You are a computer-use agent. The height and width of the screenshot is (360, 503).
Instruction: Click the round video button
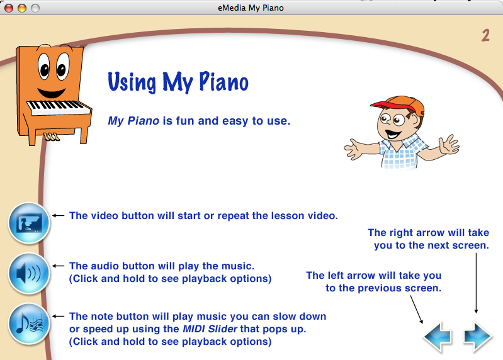tap(29, 223)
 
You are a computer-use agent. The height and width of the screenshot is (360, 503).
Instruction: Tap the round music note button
tap(29, 323)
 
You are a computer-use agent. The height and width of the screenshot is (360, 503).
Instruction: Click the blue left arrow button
tap(438, 337)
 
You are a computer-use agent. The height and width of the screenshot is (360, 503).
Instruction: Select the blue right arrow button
tap(478, 337)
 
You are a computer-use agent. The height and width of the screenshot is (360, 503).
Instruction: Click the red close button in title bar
tap(9, 8)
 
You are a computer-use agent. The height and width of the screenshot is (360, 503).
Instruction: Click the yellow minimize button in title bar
tap(22, 8)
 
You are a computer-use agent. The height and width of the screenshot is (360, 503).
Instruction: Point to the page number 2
tap(485, 35)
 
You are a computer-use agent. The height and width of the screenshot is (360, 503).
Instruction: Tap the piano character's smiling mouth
tap(52, 93)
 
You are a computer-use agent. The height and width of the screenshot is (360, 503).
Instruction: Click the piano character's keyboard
tap(59, 107)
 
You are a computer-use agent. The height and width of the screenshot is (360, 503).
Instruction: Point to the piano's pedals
tap(52, 137)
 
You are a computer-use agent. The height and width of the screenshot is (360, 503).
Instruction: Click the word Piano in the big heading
tap(223, 81)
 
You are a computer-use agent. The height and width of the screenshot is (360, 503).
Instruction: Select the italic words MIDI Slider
tap(210, 329)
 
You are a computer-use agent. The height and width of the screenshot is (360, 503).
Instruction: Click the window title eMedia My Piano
tap(251, 8)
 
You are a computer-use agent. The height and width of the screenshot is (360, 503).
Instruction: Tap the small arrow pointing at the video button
tap(58, 216)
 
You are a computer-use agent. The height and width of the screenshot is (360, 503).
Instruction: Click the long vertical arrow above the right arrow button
tap(476, 283)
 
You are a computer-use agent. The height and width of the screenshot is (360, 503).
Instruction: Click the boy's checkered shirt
tap(403, 152)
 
